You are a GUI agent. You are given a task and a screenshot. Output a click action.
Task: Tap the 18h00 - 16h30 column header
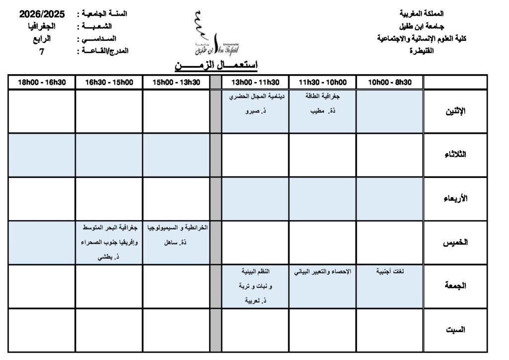point(41,83)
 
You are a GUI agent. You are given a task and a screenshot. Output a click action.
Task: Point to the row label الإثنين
point(456,111)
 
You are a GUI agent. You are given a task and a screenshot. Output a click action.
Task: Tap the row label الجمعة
point(456,286)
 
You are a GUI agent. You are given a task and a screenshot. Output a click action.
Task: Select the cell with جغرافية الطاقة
point(322,111)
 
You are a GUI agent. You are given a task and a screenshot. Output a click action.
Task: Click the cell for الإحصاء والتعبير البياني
point(322,286)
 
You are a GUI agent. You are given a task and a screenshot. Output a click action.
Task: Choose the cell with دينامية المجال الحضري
point(254,111)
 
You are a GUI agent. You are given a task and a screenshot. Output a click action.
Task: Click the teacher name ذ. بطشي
point(109,257)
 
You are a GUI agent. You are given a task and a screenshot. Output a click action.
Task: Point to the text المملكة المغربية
point(422,13)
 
